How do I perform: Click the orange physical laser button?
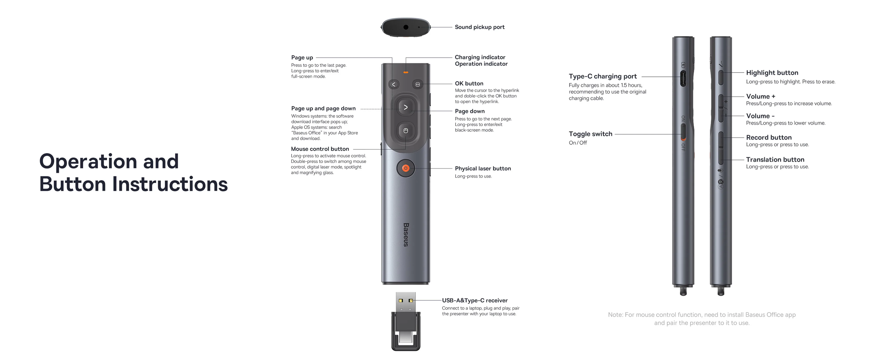(x=406, y=168)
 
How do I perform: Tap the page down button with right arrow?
(x=406, y=107)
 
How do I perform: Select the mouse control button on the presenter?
(x=406, y=130)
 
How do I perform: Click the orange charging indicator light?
(x=406, y=72)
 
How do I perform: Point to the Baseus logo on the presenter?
(x=406, y=235)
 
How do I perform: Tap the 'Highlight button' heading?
(x=772, y=73)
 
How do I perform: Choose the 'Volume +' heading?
(x=760, y=96)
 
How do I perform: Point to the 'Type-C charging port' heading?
(x=602, y=76)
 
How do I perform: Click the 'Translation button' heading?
(x=775, y=159)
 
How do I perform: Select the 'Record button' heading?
(x=769, y=137)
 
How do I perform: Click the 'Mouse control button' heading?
(x=320, y=149)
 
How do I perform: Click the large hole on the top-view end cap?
(x=406, y=27)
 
